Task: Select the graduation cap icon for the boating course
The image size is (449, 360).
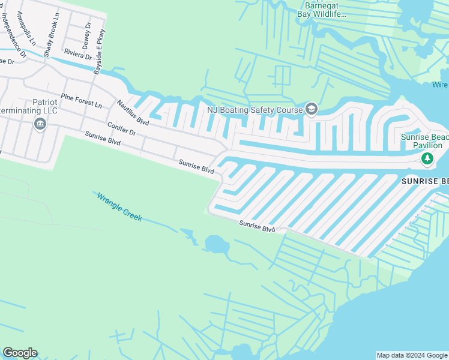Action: click(311, 109)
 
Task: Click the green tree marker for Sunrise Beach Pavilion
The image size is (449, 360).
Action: click(427, 159)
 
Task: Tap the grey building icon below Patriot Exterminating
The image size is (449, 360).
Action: click(40, 124)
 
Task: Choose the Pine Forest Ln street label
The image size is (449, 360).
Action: click(81, 100)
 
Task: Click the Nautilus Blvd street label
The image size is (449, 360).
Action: click(133, 112)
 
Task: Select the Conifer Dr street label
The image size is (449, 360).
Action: click(122, 129)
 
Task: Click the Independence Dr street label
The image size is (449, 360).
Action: click(14, 35)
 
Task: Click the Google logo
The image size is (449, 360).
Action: click(20, 353)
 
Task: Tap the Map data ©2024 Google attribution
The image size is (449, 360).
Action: click(412, 355)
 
